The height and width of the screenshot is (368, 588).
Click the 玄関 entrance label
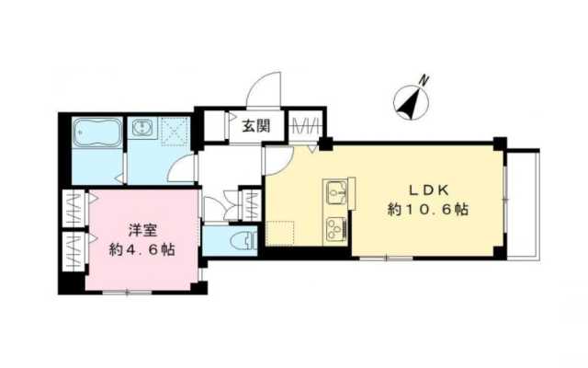point(255,127)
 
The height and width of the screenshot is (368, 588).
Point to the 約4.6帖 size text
point(141,249)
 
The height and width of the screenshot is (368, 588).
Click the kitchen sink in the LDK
point(335,193)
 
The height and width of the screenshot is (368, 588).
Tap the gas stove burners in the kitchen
point(335,225)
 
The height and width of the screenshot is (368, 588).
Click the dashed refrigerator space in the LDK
point(279,232)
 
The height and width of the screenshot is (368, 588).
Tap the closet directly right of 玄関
point(304,125)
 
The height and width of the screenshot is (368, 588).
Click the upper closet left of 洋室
point(72,208)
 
